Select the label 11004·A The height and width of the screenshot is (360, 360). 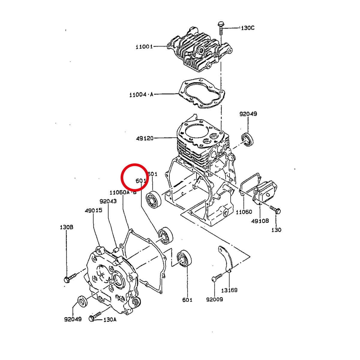click(141, 94)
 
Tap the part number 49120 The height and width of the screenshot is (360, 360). click(145, 138)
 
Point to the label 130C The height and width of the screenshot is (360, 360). click(247, 28)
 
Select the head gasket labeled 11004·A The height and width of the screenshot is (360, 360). click(202, 93)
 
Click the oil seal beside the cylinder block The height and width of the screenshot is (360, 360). click(247, 139)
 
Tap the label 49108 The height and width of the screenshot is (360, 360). click(260, 221)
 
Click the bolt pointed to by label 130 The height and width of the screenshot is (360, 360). click(275, 210)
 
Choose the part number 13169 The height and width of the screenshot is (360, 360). click(229, 290)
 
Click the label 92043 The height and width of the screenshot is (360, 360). click(108, 201)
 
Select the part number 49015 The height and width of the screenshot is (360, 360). click(93, 210)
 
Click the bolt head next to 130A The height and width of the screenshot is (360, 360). click(91, 319)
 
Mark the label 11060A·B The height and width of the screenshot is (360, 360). click(123, 192)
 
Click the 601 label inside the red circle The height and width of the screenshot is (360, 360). click(140, 181)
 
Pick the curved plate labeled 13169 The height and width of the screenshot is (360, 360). click(226, 259)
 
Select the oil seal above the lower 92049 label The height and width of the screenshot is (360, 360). click(82, 301)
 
